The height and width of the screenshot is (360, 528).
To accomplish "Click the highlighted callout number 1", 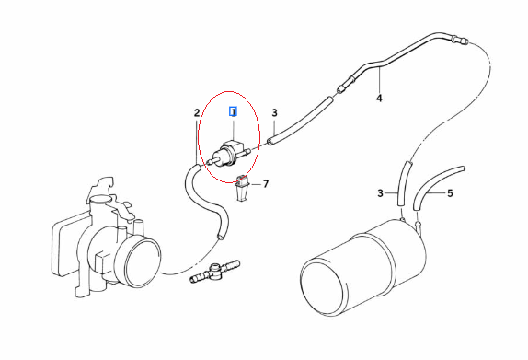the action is [233, 111].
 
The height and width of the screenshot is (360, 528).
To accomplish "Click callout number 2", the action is [197, 113].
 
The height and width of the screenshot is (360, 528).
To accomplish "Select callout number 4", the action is [379, 99].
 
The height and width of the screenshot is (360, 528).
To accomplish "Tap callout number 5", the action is [450, 193].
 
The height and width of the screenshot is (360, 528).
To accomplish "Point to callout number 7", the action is [266, 184].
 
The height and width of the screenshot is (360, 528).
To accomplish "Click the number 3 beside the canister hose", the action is [380, 193].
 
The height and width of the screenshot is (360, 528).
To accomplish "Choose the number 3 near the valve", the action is [274, 113].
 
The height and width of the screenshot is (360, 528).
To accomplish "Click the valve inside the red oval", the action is [227, 154].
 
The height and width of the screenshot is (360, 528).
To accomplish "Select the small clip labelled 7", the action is [243, 188].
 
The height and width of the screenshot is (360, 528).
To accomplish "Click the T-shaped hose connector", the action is [215, 271].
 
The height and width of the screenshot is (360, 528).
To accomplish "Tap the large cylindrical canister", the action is [362, 268].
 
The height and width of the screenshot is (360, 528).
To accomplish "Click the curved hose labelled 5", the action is [434, 185].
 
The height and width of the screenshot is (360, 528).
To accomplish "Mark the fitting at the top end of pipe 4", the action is [461, 41].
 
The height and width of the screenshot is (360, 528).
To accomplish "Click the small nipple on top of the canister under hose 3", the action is [403, 220].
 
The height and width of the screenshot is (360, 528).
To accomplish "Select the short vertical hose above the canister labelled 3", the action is [404, 184].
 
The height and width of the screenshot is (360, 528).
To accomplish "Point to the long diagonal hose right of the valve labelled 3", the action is [300, 121].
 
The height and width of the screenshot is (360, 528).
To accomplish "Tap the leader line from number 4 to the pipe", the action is [380, 80].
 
